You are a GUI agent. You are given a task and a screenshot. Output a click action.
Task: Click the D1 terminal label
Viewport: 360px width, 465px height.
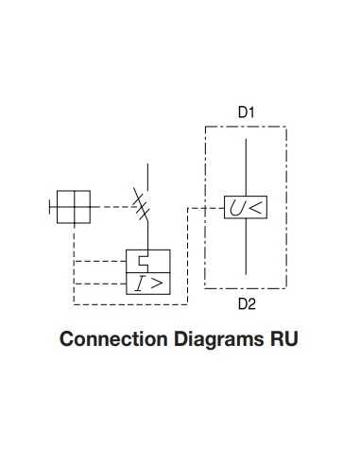(x=246, y=112)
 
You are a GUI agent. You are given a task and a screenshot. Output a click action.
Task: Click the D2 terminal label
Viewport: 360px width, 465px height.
(x=246, y=304)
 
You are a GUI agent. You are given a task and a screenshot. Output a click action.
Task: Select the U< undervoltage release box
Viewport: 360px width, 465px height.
(x=246, y=208)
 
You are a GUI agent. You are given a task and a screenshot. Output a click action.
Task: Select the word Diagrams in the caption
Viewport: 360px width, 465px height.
(x=206, y=338)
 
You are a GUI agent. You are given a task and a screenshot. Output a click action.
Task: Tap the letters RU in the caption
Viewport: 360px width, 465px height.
(x=283, y=338)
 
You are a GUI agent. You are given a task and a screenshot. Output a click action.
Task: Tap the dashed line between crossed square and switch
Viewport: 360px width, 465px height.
(x=113, y=207)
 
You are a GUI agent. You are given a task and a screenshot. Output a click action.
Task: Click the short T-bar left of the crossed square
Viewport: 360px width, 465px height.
(x=52, y=207)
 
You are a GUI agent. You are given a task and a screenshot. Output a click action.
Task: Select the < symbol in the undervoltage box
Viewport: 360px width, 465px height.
(x=256, y=208)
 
